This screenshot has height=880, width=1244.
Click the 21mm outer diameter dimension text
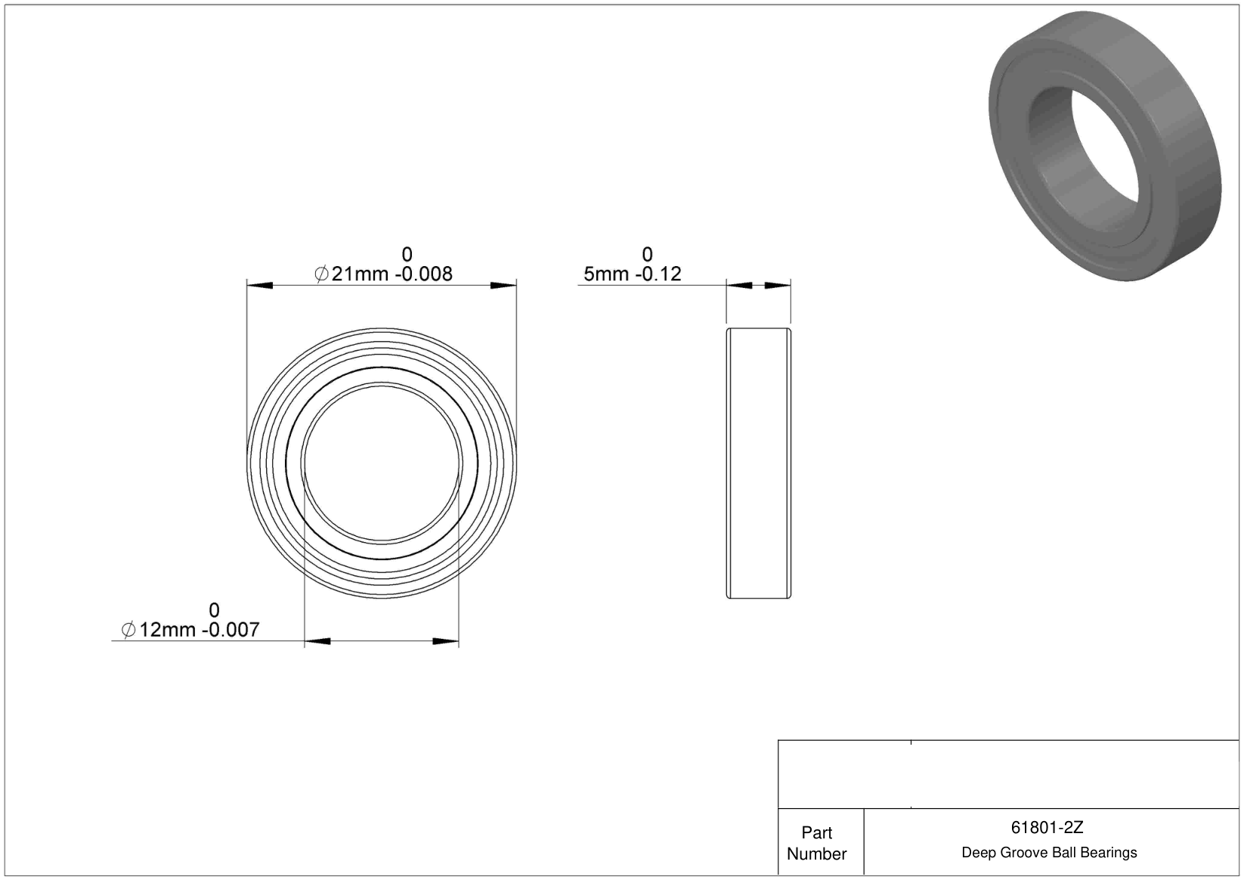(x=359, y=274)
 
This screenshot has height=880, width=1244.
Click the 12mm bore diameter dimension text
(x=167, y=630)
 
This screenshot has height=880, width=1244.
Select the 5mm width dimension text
(x=606, y=274)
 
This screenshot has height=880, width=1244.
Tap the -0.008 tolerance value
(x=423, y=274)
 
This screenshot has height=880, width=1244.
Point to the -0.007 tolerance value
(x=231, y=630)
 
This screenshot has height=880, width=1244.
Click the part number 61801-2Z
(x=1047, y=828)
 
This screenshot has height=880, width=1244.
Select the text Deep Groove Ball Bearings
(x=1049, y=853)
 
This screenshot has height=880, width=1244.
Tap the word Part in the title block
(x=816, y=833)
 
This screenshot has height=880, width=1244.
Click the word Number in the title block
(x=816, y=854)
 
